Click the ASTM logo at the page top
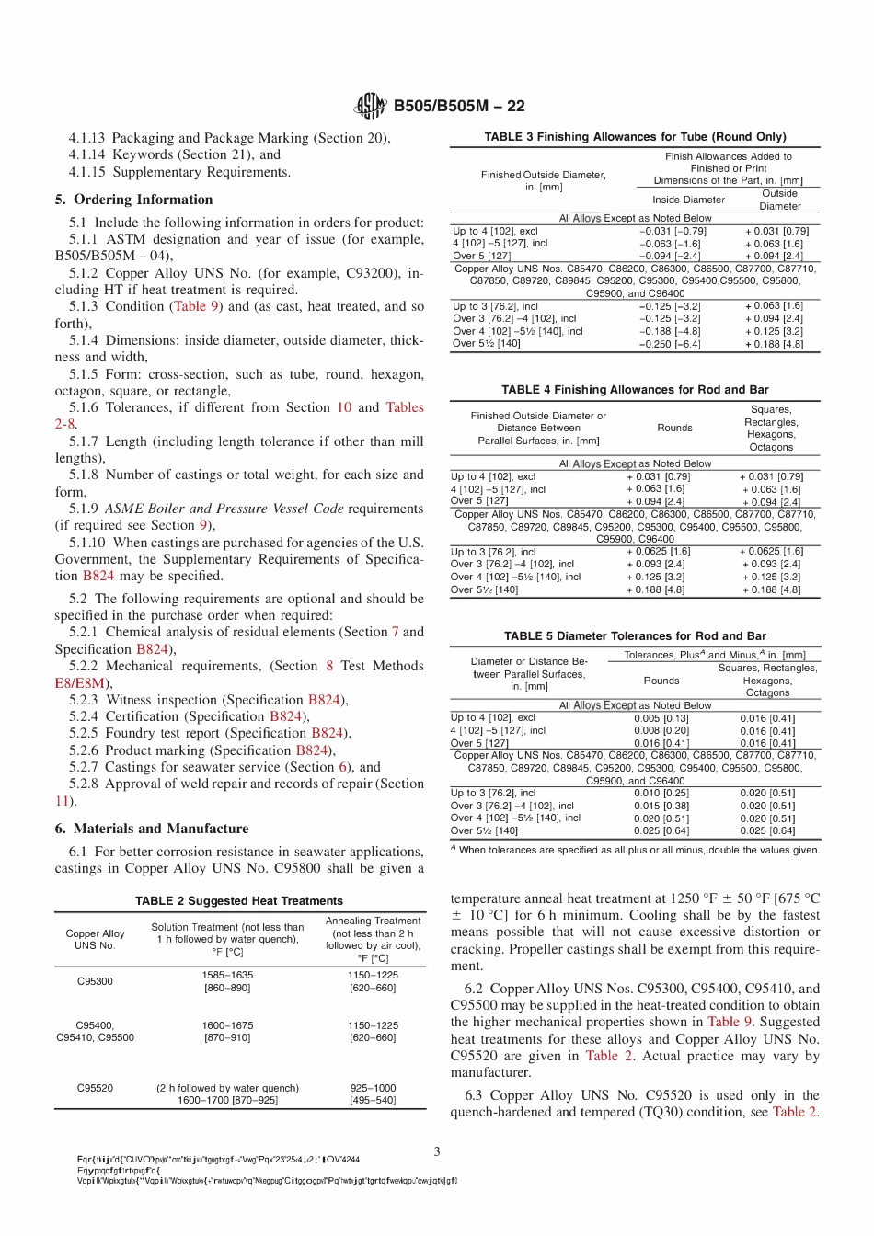click(371, 106)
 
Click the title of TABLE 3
click(635, 136)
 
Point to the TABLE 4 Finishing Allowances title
click(635, 390)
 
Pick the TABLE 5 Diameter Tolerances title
click(635, 635)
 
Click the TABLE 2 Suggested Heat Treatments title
click(239, 901)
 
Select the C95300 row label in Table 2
click(95, 981)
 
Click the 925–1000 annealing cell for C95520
click(373, 1087)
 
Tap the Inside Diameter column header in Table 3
click(688, 200)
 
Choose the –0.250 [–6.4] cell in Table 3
click(669, 344)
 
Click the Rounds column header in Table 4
click(674, 428)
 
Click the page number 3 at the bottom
click(437, 1151)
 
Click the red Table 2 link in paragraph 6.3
click(794, 1112)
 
